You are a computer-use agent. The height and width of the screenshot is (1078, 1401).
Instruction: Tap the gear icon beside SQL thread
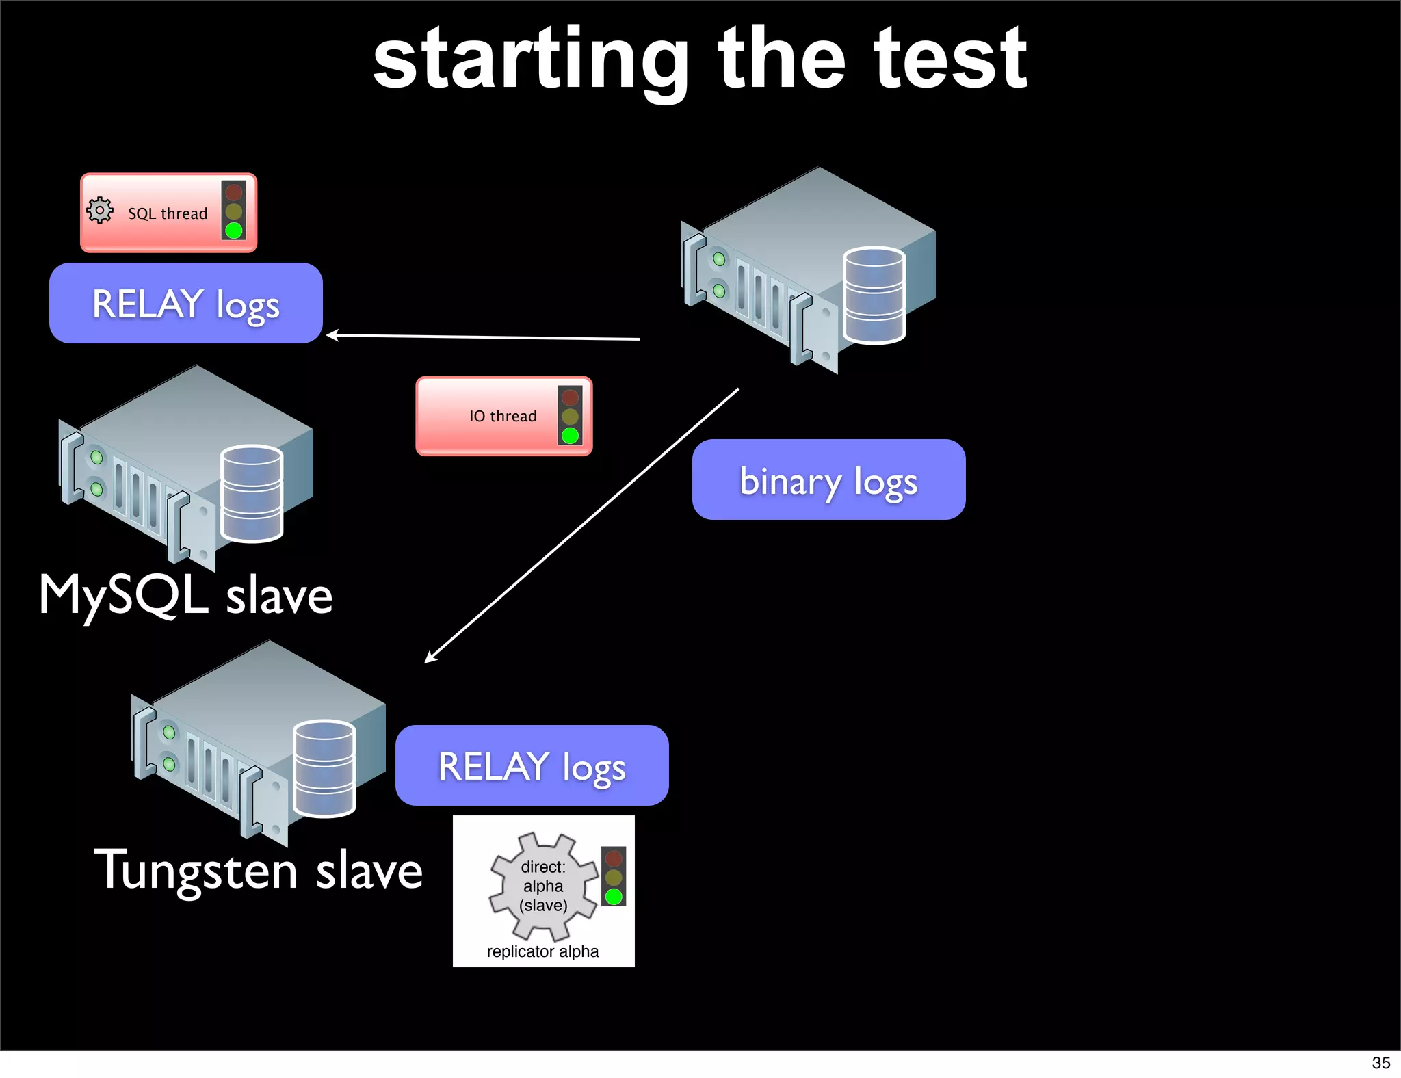click(100, 210)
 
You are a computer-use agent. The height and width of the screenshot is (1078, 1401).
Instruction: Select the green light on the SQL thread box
click(234, 231)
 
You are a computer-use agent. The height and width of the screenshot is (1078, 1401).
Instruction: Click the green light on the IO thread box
click(570, 436)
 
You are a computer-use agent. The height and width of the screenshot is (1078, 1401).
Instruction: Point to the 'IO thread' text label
click(503, 416)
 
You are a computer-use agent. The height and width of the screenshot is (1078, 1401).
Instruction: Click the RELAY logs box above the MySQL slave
click(186, 303)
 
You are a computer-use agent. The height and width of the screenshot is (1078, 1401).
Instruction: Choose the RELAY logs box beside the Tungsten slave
click(532, 765)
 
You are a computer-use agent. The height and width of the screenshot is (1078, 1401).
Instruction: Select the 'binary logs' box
click(828, 479)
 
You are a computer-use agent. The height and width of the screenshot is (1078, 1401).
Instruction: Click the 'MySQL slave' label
click(185, 595)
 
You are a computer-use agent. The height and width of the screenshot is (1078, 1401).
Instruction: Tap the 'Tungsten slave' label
click(258, 870)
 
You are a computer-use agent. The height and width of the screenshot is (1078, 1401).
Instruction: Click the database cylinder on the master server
click(874, 295)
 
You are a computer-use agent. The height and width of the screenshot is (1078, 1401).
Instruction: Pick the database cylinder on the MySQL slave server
click(252, 493)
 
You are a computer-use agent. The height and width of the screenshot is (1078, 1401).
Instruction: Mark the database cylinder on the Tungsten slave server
click(324, 769)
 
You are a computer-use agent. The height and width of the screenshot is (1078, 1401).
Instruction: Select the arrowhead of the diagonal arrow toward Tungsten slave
click(429, 659)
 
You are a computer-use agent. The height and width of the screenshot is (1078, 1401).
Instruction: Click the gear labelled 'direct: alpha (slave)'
click(543, 886)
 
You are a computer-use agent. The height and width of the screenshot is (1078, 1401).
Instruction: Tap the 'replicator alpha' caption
click(542, 951)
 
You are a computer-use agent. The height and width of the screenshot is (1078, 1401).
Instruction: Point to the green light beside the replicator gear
click(614, 896)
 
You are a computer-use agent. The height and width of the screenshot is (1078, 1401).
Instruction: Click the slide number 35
click(1380, 1063)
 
